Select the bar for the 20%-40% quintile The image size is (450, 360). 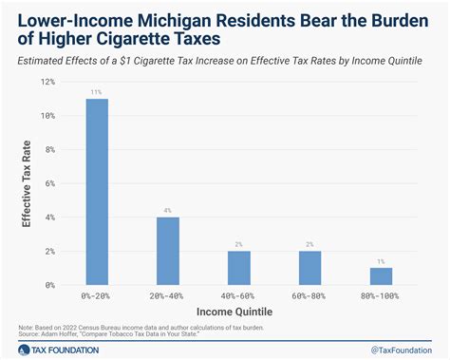coord(168,251)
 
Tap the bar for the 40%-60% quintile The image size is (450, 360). coord(237,268)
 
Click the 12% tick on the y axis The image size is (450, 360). coord(47,83)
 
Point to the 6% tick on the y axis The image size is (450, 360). coord(49,183)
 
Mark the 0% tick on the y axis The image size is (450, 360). coord(49,285)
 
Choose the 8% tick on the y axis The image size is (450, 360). coord(49,150)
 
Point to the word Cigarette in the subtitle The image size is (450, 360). coord(178,61)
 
